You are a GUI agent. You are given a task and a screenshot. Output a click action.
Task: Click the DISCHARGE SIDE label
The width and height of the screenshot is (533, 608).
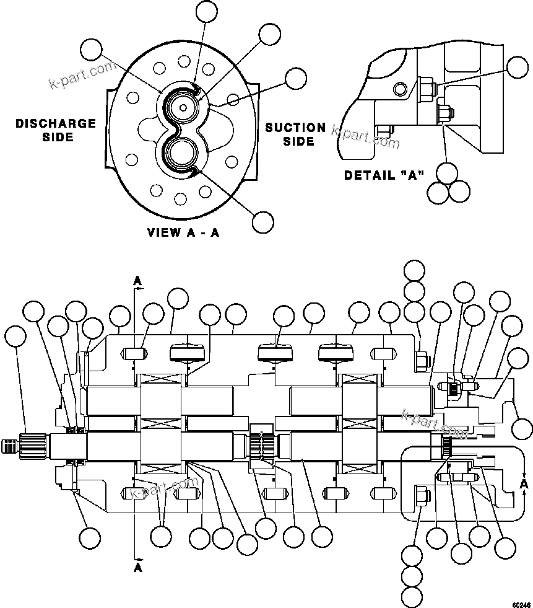tap(56, 130)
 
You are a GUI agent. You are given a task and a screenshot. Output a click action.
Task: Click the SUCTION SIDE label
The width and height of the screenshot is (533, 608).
tap(295, 134)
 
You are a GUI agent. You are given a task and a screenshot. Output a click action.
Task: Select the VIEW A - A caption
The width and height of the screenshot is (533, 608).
tap(183, 233)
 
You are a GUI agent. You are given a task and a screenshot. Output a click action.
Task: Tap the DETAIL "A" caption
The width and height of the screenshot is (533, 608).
tap(384, 175)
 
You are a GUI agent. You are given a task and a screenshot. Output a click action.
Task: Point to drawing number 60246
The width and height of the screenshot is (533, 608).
tap(521, 602)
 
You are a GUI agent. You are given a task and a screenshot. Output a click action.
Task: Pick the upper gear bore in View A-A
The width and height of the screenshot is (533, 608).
tap(183, 107)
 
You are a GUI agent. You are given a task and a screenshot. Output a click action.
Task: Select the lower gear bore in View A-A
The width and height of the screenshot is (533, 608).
tap(183, 152)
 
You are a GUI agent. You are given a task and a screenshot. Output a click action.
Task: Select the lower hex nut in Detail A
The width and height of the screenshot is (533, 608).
tap(443, 114)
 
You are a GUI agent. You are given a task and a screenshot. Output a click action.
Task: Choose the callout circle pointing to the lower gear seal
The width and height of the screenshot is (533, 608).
tap(263, 221)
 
